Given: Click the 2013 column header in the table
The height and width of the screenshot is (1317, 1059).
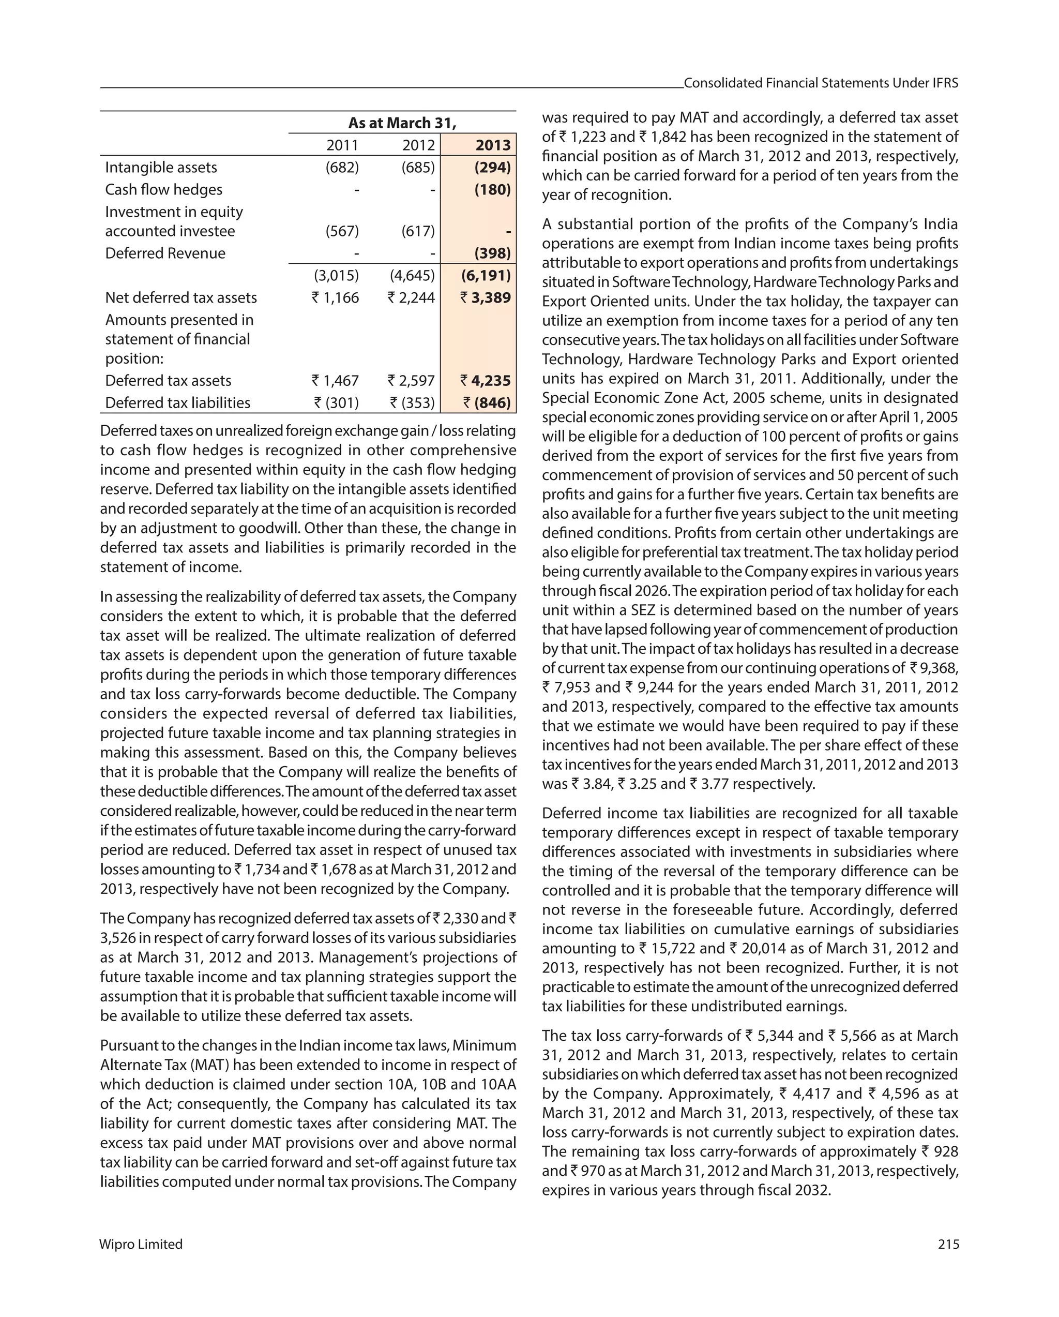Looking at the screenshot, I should [492, 145].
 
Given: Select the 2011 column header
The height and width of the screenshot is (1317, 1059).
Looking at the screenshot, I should [342, 145].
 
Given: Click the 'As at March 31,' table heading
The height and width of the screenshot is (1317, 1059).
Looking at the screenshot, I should [402, 123].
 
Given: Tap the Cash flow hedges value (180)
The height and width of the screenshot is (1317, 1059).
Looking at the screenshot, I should [492, 189].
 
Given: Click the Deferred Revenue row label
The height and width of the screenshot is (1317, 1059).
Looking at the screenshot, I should [165, 253].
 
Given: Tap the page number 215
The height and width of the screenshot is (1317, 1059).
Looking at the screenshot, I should [948, 1244].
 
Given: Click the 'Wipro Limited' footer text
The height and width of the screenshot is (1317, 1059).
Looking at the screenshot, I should [141, 1244].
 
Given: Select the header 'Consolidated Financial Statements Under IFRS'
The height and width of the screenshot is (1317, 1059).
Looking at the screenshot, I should [820, 83].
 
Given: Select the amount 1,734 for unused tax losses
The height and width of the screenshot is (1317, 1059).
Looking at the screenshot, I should [263, 869].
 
